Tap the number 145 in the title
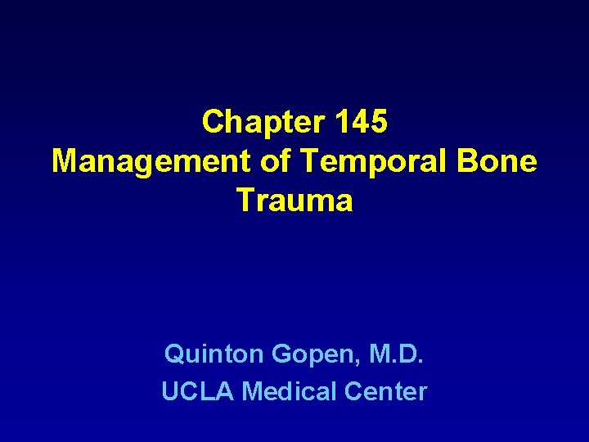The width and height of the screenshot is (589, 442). tap(361, 122)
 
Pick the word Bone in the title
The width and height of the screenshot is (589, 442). tap(500, 161)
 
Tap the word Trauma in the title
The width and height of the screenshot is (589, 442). tap(294, 201)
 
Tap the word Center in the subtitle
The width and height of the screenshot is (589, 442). tap(385, 392)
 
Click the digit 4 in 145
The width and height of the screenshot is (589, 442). tap(361, 122)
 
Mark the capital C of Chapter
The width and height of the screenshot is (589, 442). tap(212, 122)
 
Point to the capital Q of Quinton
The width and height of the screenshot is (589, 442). tap(174, 354)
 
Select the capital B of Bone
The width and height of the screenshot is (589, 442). tap(471, 161)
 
